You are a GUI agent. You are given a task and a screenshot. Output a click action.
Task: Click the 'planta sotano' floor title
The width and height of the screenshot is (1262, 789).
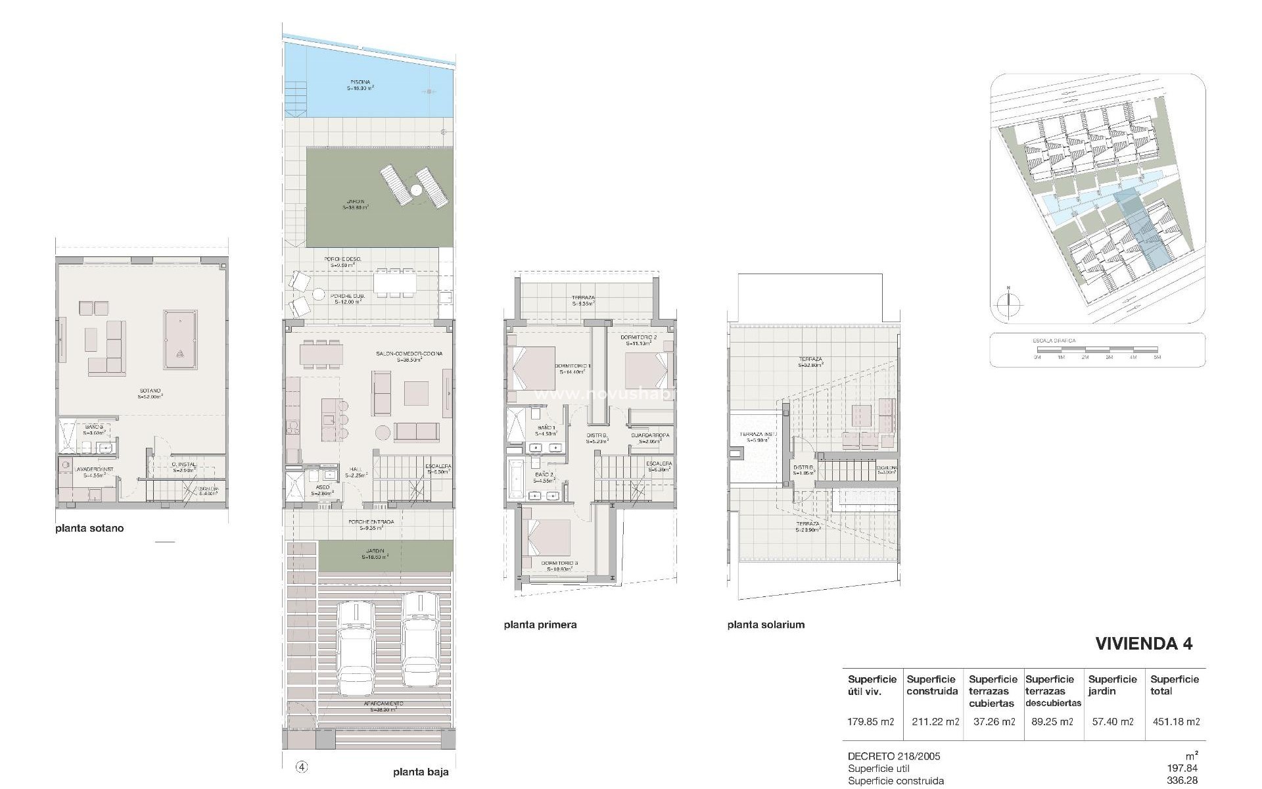pos(89,528)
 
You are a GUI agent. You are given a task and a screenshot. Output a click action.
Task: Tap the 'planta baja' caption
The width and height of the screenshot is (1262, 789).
pos(421,772)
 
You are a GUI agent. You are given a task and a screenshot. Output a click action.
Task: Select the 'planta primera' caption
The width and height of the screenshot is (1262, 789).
pos(540,625)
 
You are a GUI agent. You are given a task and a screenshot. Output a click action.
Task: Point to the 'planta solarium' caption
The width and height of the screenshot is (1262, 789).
pos(766,625)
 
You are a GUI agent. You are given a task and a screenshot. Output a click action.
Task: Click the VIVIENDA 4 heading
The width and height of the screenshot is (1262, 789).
pos(1144,643)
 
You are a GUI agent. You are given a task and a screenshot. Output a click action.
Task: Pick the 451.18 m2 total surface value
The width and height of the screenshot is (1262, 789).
pos(1176,721)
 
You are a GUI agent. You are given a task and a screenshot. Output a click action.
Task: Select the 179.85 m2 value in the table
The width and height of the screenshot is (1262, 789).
pos(871,721)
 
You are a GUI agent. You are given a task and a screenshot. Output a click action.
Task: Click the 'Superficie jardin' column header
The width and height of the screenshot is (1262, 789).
pos(1112,685)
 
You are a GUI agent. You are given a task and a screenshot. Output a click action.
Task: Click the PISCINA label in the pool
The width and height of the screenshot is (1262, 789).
pos(360,83)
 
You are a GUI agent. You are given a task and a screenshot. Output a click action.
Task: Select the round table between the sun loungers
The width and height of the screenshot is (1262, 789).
pos(416,190)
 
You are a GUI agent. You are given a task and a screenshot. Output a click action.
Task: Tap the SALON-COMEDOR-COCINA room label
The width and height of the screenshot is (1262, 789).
pos(409,354)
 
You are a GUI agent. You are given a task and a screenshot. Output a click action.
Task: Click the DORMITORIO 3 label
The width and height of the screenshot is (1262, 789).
pos(559,563)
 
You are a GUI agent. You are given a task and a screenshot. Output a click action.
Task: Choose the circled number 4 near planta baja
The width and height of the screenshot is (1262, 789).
pos(302,767)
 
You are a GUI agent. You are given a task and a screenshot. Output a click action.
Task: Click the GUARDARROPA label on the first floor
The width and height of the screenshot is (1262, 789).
pos(649,435)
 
